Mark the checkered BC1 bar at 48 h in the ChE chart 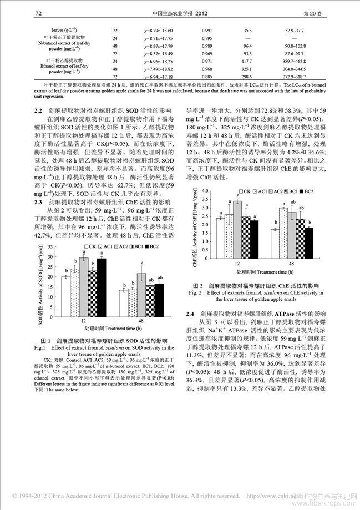[300, 238]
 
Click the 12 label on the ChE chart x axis [237, 265]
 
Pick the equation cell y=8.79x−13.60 [148, 31]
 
